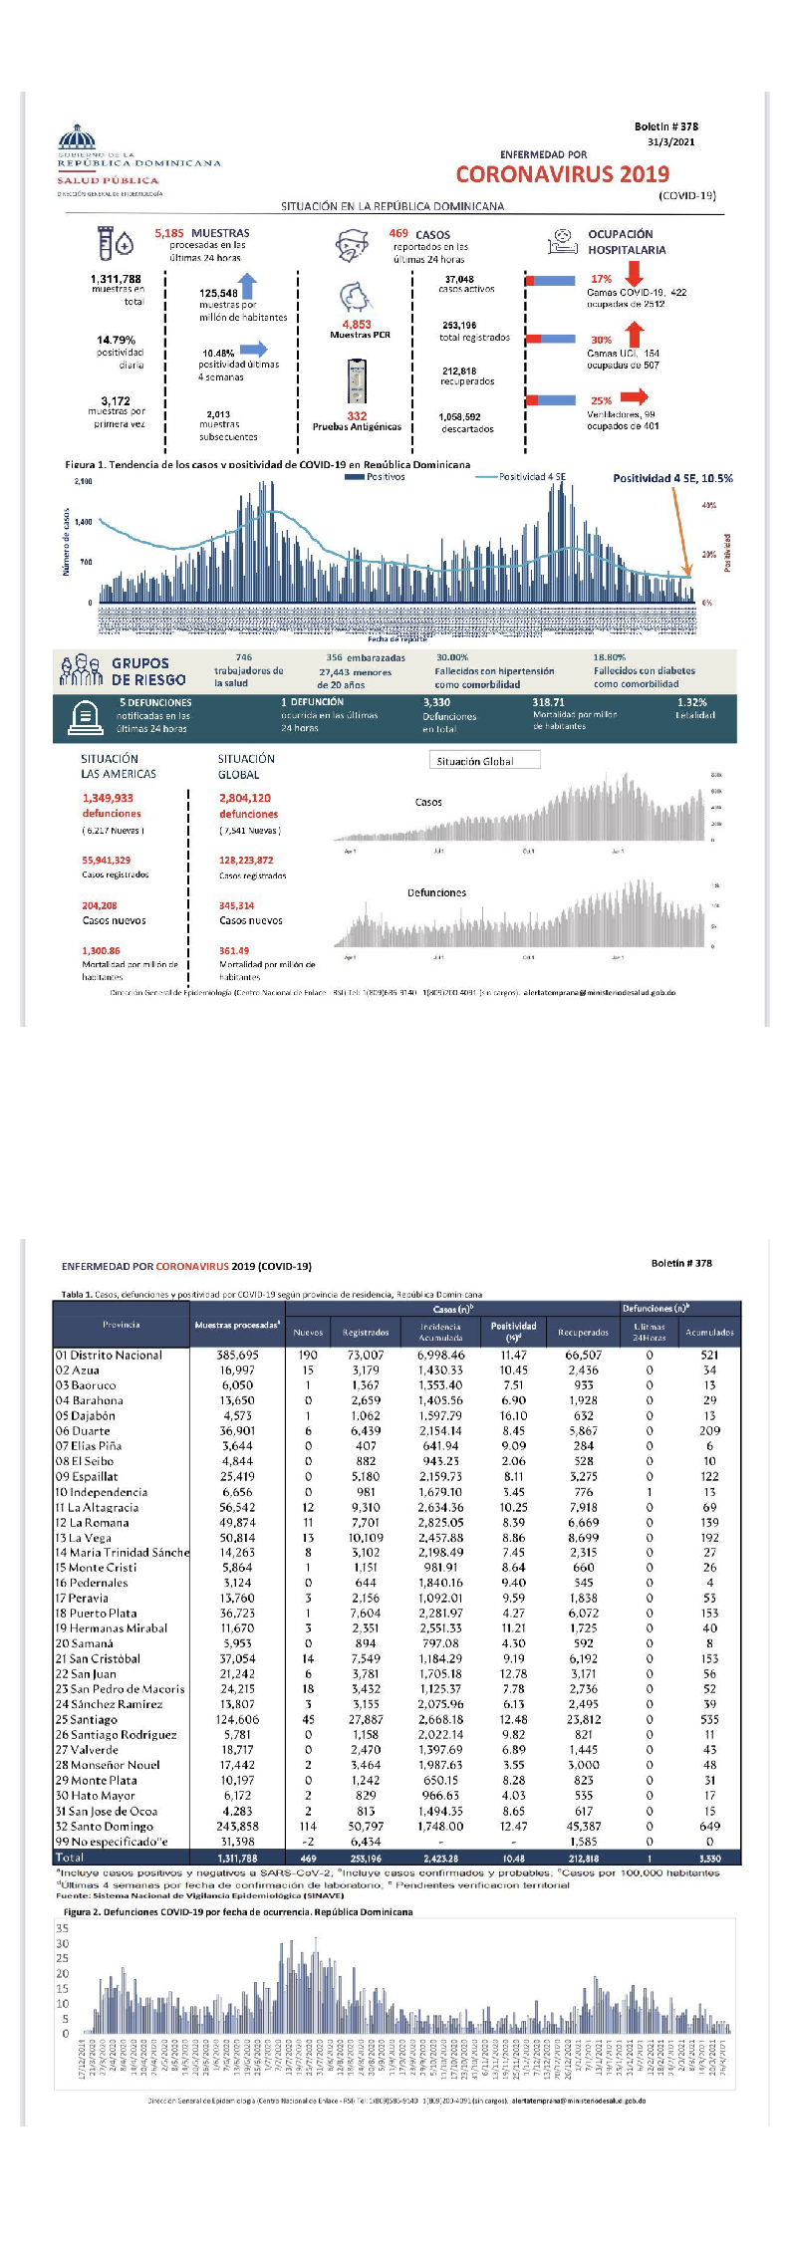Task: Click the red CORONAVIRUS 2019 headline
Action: click(562, 174)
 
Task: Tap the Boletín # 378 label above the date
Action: click(665, 126)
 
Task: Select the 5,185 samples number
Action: click(169, 233)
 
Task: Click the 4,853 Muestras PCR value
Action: click(357, 325)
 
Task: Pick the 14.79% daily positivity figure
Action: click(116, 341)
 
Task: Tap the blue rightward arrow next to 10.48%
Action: click(253, 349)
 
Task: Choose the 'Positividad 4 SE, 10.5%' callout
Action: click(672, 478)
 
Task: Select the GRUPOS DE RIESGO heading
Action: click(148, 671)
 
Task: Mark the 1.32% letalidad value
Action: click(691, 702)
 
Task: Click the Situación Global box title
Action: click(475, 761)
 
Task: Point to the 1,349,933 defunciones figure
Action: click(108, 798)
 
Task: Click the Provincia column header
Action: click(122, 1325)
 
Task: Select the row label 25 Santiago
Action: click(88, 1719)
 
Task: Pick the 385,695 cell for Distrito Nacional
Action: click(237, 1355)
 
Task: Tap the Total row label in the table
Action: click(70, 1858)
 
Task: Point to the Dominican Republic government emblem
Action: click(77, 136)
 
